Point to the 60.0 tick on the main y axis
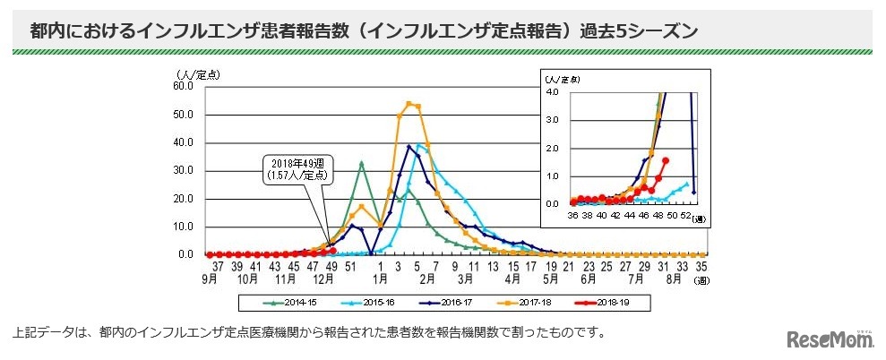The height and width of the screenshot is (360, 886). point(182,87)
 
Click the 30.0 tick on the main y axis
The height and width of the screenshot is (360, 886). point(182,170)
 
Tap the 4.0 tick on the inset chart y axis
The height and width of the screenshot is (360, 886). point(553,91)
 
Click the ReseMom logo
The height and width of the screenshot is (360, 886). point(829,339)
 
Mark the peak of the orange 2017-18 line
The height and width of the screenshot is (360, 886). point(409,103)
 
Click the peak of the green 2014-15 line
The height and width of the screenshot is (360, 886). point(361,163)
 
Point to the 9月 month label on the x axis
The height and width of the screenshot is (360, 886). point(210,279)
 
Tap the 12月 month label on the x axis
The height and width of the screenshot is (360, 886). point(325,279)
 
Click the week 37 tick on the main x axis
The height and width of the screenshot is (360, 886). point(218,267)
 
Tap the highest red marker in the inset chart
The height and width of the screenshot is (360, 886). point(665,160)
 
